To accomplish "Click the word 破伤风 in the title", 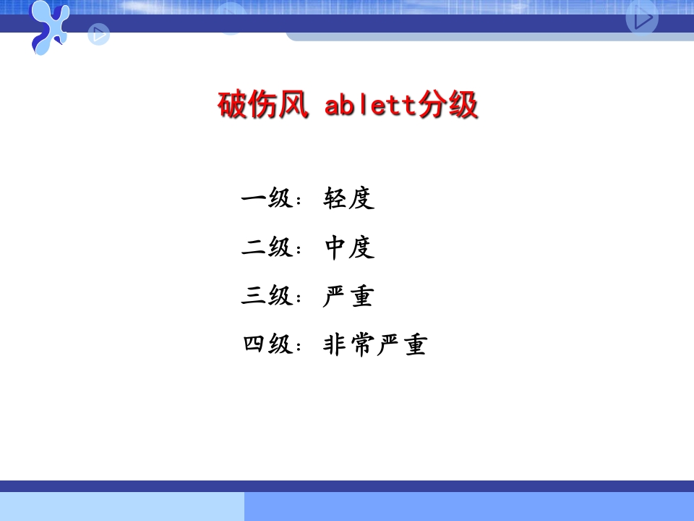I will coord(263,106).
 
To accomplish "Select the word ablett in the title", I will coord(372,106).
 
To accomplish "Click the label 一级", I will coord(266,198).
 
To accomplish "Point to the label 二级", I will coord(266,247).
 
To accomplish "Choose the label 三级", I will coord(266,296).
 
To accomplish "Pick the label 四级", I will coord(266,344).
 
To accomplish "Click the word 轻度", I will coord(349,198).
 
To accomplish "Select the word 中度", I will coord(349,247).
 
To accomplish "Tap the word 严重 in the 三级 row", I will coord(348,296).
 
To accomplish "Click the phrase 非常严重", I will coord(374,344).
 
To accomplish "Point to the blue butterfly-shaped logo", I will coord(49,27).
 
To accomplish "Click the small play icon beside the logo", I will coord(99,33).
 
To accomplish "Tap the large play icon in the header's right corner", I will coord(642,18).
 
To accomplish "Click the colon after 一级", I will coord(299,201).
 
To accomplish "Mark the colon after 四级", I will coord(299,348).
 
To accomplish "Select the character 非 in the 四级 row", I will coord(335,344).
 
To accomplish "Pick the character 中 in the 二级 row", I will coord(336,247).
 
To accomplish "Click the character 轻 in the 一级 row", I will coord(336,198).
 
